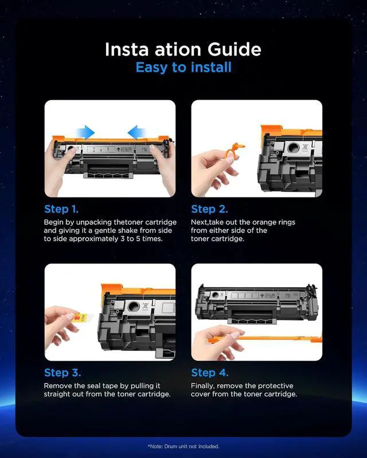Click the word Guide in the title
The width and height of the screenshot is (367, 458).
[x=234, y=49]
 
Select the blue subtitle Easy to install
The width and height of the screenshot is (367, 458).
[x=183, y=68]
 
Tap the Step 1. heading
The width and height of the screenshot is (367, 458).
[x=61, y=209]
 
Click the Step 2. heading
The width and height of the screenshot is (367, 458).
[x=209, y=209]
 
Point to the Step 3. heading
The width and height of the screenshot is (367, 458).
[x=63, y=373]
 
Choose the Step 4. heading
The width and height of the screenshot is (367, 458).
[x=209, y=373]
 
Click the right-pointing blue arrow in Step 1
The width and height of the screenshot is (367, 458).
[x=85, y=132]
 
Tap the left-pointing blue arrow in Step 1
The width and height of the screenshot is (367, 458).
[x=136, y=132]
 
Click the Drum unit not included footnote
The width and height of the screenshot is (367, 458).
[x=183, y=447]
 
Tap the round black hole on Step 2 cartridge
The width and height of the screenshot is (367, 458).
[x=293, y=148]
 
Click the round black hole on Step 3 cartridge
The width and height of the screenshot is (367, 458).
[x=134, y=306]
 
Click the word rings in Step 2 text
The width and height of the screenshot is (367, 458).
[x=287, y=223]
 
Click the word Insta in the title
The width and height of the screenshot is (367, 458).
[x=127, y=49]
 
